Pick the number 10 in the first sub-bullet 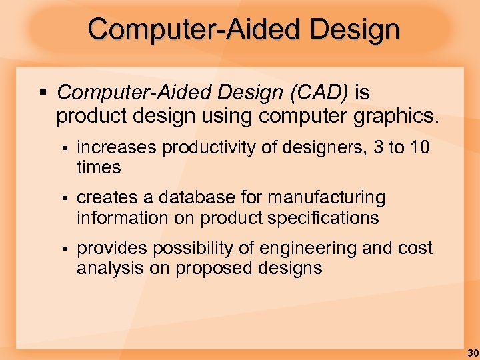(x=419, y=147)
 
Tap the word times (x=99, y=167)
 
